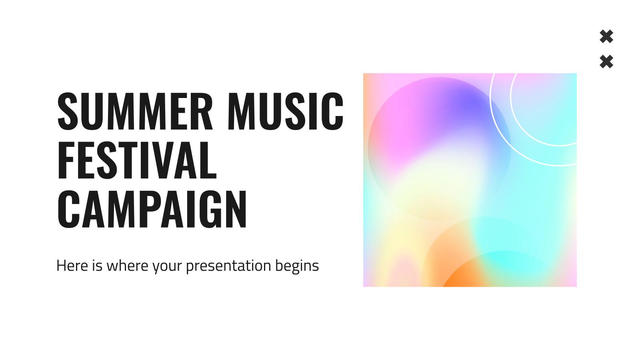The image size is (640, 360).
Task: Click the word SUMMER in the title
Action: pyautogui.click(x=135, y=111)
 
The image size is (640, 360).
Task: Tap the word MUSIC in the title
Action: pyautogui.click(x=286, y=111)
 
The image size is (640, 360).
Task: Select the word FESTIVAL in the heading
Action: pyautogui.click(x=137, y=160)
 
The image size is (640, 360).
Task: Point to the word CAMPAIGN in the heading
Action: pyautogui.click(x=152, y=209)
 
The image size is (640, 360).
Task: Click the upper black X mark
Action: pyautogui.click(x=606, y=36)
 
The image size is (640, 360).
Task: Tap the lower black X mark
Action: pyautogui.click(x=606, y=62)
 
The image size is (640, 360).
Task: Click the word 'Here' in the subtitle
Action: pyautogui.click(x=72, y=266)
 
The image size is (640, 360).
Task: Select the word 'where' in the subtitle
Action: pyautogui.click(x=128, y=266)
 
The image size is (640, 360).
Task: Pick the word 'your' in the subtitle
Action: pyautogui.click(x=167, y=267)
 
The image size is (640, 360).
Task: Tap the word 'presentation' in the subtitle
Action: pyautogui.click(x=228, y=266)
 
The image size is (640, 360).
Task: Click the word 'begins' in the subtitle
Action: pyautogui.click(x=297, y=266)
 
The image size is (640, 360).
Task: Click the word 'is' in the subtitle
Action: pyautogui.click(x=97, y=266)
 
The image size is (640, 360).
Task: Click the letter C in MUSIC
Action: pyautogui.click(x=332, y=111)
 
